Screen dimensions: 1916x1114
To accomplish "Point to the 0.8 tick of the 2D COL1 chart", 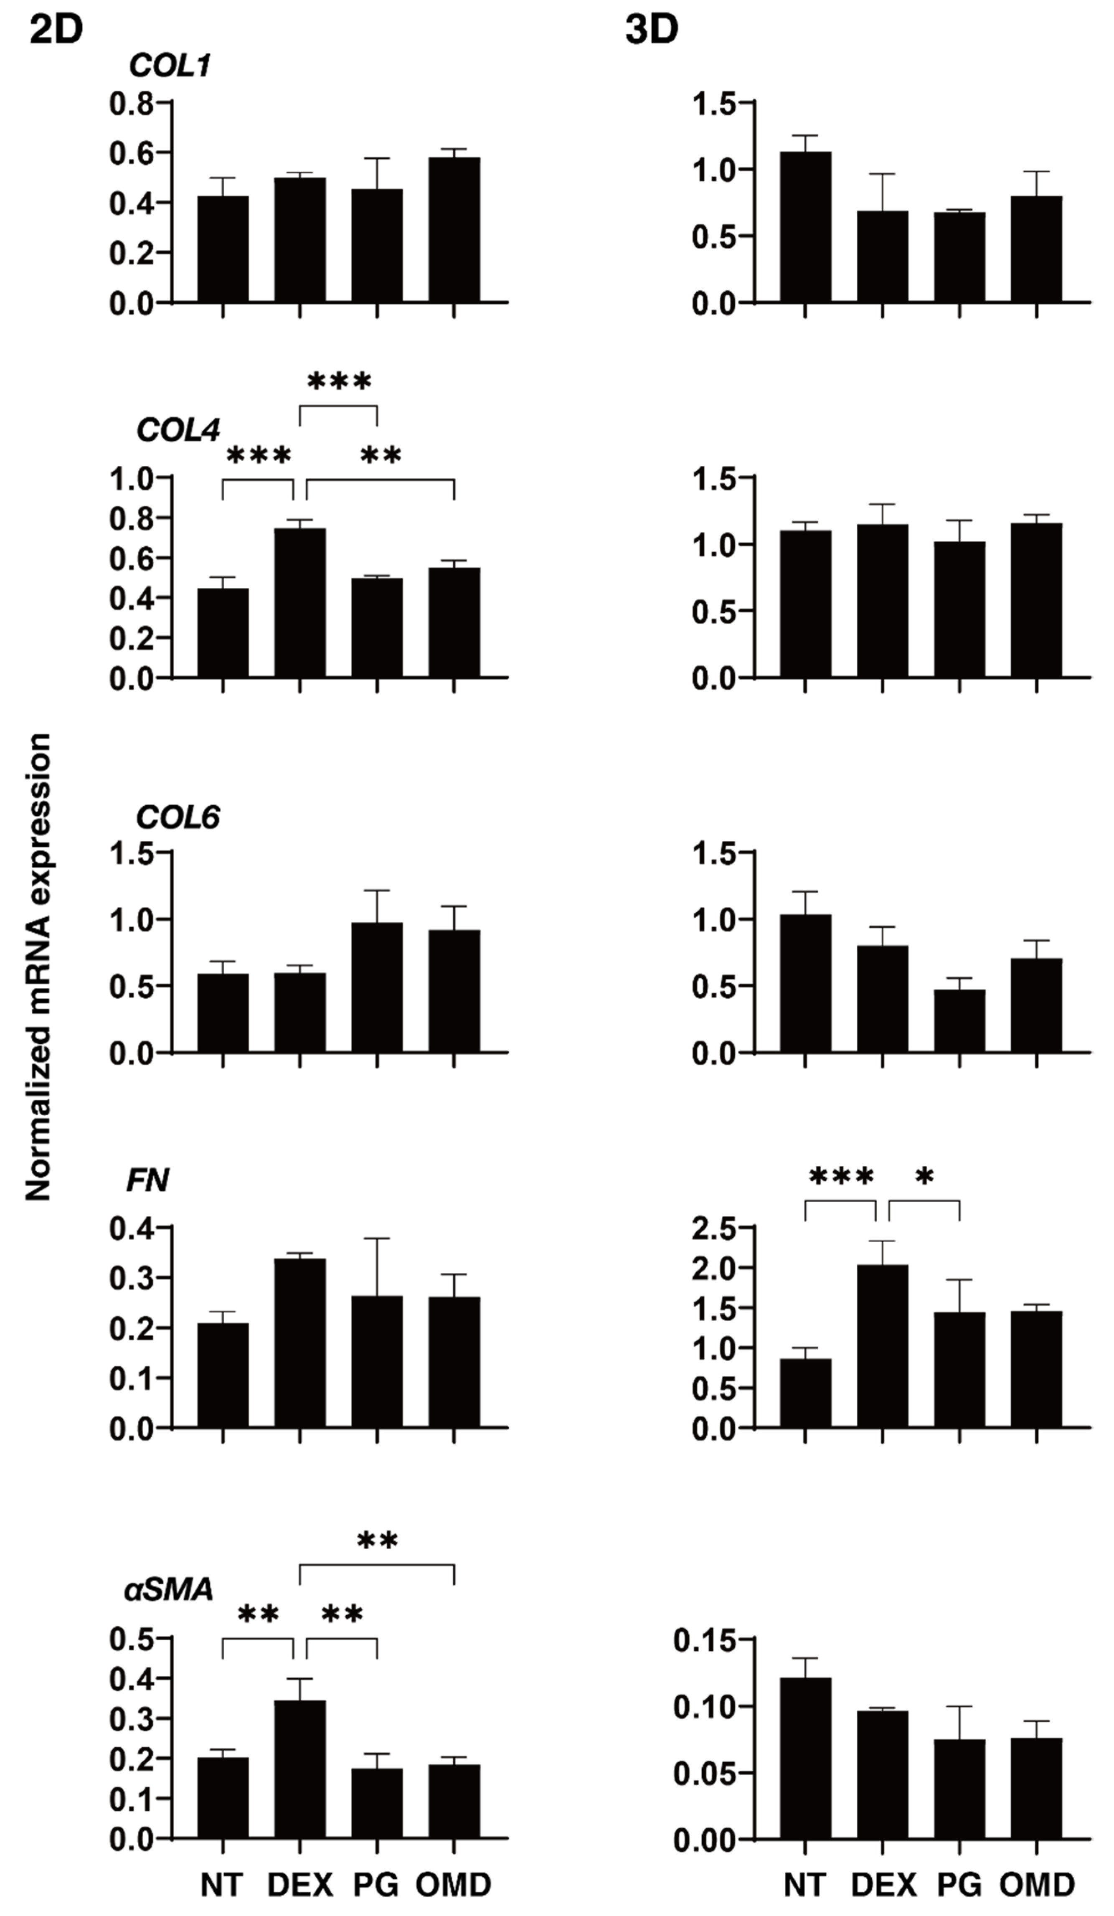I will [131, 104].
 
